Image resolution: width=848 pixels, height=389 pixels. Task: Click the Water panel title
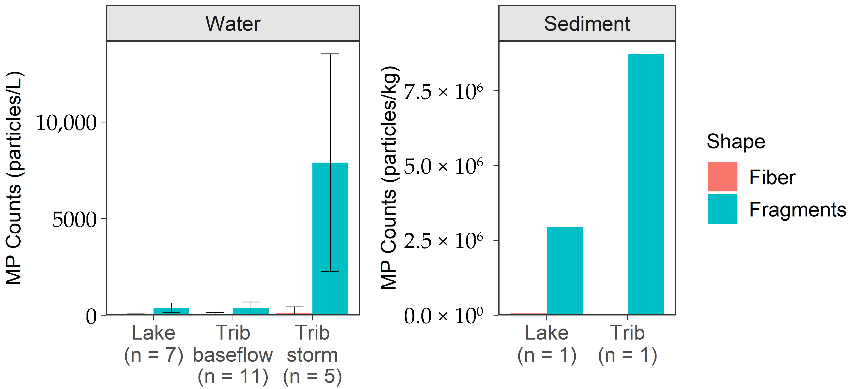233,24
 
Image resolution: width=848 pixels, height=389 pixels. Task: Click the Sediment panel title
587,24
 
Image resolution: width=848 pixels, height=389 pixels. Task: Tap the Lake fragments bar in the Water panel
171,311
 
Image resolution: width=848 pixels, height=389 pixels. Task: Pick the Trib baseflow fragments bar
251,311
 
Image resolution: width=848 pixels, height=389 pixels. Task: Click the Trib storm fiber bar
294,314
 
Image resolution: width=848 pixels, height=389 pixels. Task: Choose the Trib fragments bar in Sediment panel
645,184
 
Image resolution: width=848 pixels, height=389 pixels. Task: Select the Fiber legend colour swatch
722,177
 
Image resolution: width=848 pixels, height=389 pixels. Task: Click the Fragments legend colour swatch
722,209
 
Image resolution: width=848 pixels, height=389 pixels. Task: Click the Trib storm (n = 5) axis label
312,354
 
